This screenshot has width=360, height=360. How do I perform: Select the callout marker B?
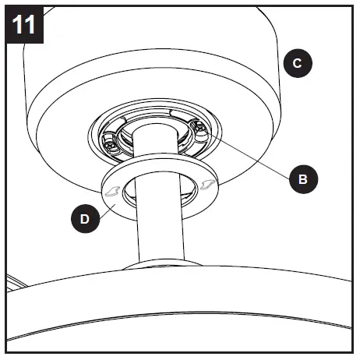point(303,178)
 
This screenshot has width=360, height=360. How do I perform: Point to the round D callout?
point(85,221)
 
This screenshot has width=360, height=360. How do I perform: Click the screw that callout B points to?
point(200,129)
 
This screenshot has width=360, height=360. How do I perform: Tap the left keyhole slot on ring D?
point(114,189)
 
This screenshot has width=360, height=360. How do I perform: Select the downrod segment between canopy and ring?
point(153,148)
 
